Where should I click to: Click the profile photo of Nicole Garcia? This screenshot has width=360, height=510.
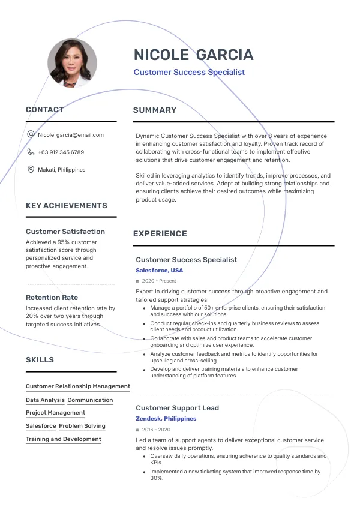click(72, 63)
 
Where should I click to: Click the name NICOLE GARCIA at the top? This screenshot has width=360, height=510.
click(193, 55)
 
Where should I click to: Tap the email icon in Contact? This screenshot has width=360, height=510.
click(31, 134)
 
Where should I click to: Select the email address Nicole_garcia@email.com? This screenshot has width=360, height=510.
click(71, 135)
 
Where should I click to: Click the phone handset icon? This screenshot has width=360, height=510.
click(31, 152)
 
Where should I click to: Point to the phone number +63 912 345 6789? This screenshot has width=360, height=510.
click(61, 152)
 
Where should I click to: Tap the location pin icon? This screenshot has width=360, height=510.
click(31, 170)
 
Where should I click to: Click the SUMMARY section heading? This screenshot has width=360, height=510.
click(155, 110)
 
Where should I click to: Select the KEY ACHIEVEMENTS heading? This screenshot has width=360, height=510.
click(67, 205)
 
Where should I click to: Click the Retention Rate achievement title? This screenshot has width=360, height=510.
click(52, 298)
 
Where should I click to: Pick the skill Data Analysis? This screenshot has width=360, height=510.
click(45, 400)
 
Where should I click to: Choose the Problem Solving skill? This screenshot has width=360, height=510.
click(82, 426)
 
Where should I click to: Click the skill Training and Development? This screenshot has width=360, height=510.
click(64, 439)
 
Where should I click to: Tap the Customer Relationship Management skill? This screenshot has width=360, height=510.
click(78, 386)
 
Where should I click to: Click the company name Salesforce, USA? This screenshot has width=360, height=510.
click(160, 271)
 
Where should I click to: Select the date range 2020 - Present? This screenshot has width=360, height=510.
click(159, 281)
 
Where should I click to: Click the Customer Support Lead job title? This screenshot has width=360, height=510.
click(177, 408)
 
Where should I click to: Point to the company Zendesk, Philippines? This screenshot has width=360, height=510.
click(166, 419)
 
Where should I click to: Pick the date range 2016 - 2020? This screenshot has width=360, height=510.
click(156, 430)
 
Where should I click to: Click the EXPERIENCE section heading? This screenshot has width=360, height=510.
click(160, 233)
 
